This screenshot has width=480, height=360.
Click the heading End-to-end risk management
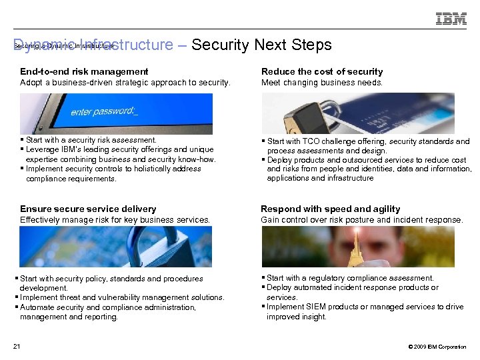[84, 71]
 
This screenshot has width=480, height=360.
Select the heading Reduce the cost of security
[322, 71]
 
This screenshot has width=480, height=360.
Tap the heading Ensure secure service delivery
[88, 209]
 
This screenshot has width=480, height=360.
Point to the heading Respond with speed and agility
[331, 209]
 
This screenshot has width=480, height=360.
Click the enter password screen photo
[116, 113]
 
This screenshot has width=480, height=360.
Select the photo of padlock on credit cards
[357, 113]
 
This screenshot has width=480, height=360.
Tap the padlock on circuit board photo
[116, 247]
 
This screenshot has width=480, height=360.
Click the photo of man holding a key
[357, 247]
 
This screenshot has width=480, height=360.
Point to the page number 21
[17, 346]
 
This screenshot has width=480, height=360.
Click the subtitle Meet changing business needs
[322, 83]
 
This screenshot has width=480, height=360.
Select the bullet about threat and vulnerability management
[123, 297]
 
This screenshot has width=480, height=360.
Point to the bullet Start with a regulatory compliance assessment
[350, 278]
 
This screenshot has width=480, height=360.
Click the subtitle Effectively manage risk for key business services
[115, 219]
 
